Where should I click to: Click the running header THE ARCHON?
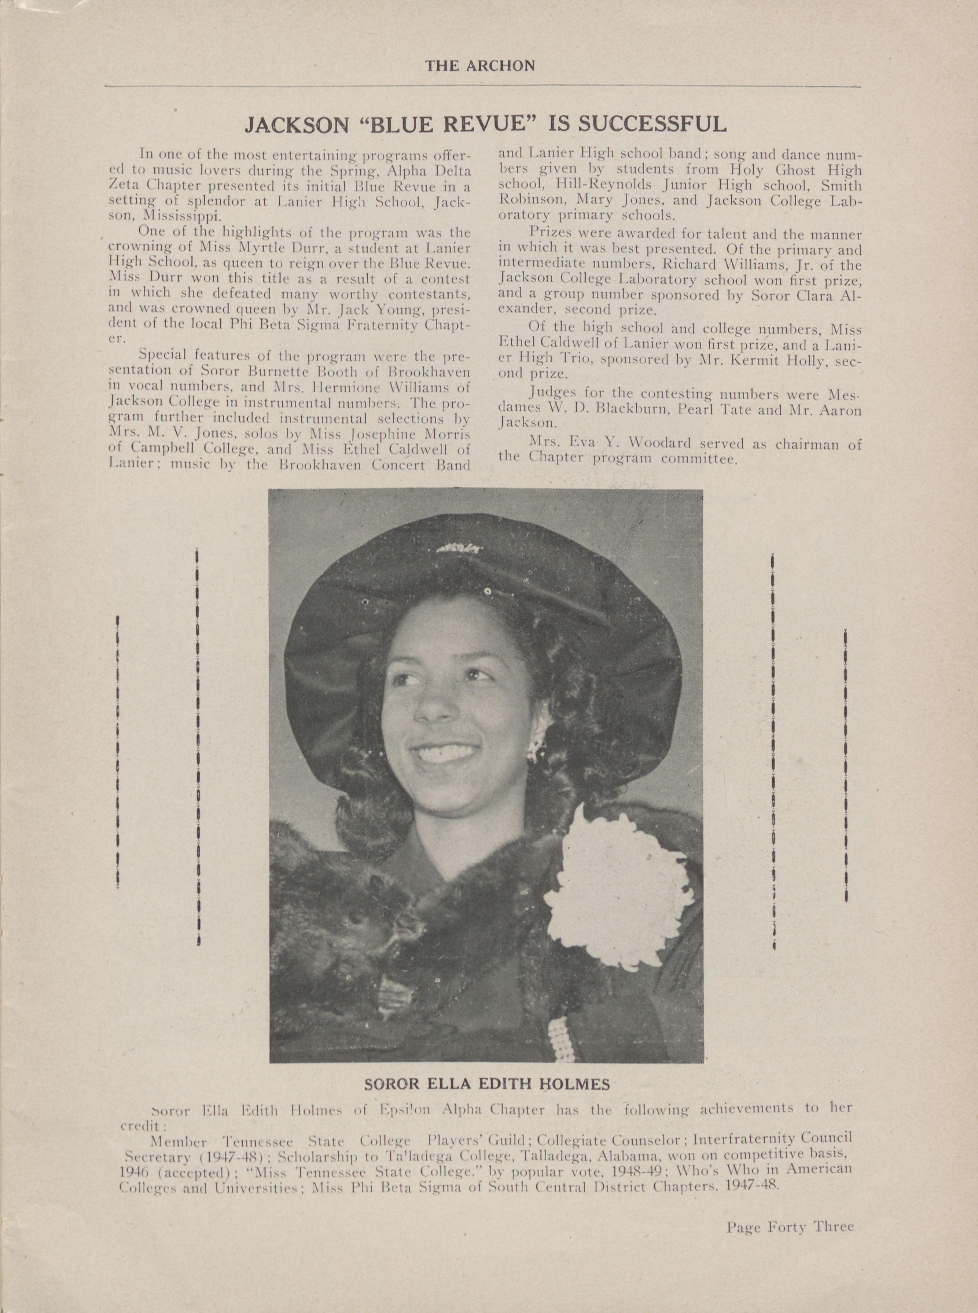[479, 66]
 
